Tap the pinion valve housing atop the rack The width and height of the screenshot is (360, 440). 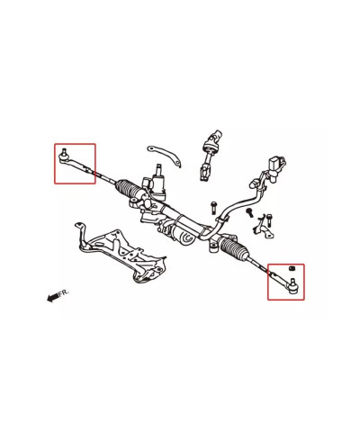[x=160, y=184]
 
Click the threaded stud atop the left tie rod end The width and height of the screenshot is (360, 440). [x=67, y=149]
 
